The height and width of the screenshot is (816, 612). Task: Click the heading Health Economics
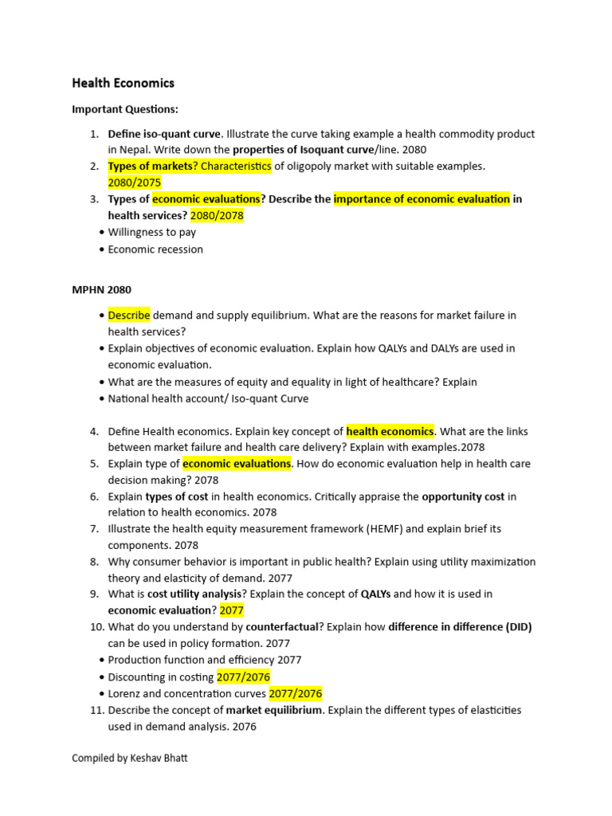(123, 83)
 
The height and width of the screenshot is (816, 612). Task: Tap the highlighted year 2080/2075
(134, 182)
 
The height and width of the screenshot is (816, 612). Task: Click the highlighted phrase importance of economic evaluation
(422, 198)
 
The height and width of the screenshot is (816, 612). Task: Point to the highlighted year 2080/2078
(217, 215)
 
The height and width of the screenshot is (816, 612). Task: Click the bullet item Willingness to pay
(151, 232)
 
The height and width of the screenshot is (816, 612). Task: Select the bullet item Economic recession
(155, 249)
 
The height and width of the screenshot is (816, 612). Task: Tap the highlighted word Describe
(129, 315)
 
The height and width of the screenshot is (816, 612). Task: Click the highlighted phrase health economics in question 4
(390, 431)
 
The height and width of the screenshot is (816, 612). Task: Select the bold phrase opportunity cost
(463, 496)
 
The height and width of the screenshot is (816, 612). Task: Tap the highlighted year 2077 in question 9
(232, 610)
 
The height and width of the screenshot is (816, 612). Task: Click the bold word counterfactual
(282, 626)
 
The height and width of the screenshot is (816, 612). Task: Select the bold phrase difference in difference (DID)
(460, 626)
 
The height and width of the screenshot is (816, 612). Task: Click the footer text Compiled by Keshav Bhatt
(130, 758)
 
